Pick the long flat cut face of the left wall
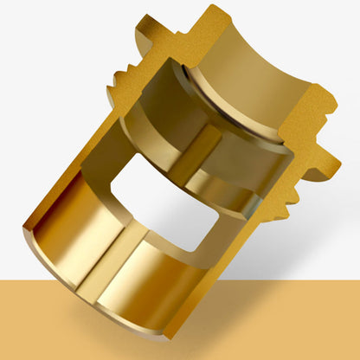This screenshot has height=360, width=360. (x=87, y=147)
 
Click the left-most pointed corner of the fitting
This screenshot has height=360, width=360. (x=23, y=228)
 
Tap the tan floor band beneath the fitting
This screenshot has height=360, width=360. (x=286, y=320)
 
